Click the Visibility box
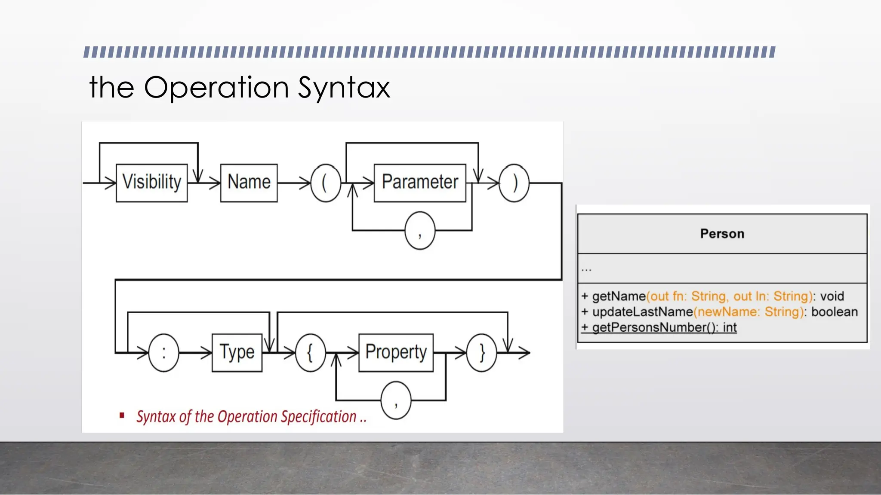(152, 183)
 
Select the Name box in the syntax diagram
(249, 183)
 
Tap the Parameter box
(420, 183)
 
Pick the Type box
(237, 352)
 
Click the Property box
(396, 352)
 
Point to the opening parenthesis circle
(326, 183)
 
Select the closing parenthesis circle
(514, 183)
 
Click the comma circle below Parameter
(420, 231)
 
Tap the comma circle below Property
(396, 400)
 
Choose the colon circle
(163, 353)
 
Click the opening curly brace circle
(310, 353)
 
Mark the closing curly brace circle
(482, 353)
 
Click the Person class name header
(722, 234)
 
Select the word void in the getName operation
(832, 296)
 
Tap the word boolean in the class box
(835, 312)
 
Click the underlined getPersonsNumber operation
(659, 327)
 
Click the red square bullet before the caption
(122, 415)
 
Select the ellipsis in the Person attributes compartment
(586, 269)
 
